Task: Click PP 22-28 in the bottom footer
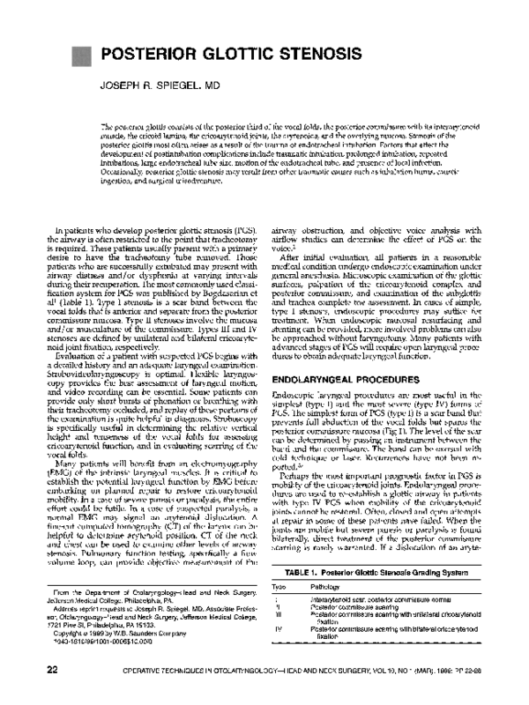pyautogui.click(x=483, y=670)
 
